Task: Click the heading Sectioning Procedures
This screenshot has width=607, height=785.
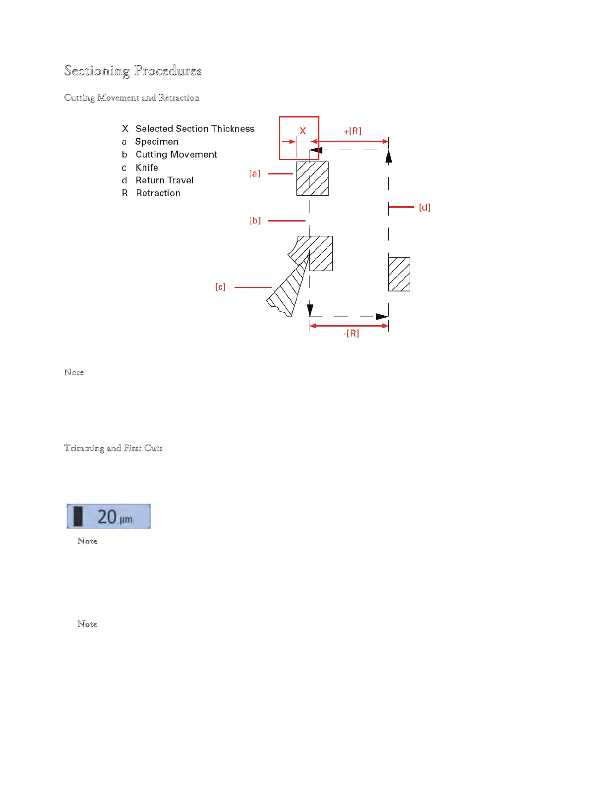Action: click(x=133, y=71)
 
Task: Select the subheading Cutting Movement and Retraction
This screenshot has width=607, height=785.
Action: click(x=132, y=98)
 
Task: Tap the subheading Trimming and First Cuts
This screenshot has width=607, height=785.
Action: click(x=113, y=448)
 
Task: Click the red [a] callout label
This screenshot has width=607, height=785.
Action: click(x=255, y=173)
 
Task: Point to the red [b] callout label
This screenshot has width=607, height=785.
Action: click(x=255, y=221)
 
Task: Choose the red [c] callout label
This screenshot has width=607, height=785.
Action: click(x=220, y=287)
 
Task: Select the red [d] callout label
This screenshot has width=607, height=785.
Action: click(x=425, y=207)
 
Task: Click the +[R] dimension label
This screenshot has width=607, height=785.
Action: click(x=353, y=131)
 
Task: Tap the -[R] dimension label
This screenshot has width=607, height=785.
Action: click(x=352, y=334)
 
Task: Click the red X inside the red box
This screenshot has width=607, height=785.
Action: click(x=303, y=131)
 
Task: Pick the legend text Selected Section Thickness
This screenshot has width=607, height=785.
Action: click(x=195, y=129)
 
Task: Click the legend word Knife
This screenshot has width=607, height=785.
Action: click(x=147, y=168)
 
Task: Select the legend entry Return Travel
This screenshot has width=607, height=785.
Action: click(x=165, y=180)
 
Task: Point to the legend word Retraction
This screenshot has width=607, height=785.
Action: click(x=158, y=193)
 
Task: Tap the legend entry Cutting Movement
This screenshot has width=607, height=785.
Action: click(x=176, y=155)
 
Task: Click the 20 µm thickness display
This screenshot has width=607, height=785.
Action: click(x=109, y=516)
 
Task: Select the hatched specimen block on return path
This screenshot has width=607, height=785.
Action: click(x=399, y=274)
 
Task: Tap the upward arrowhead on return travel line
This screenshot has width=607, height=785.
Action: click(x=389, y=156)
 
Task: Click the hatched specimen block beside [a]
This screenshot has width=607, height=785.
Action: click(x=312, y=179)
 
